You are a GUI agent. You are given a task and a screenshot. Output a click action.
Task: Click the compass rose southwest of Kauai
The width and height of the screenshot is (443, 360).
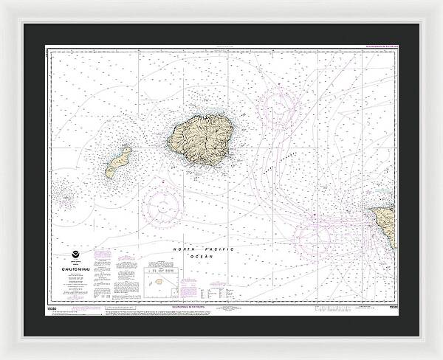pos(162,205)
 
